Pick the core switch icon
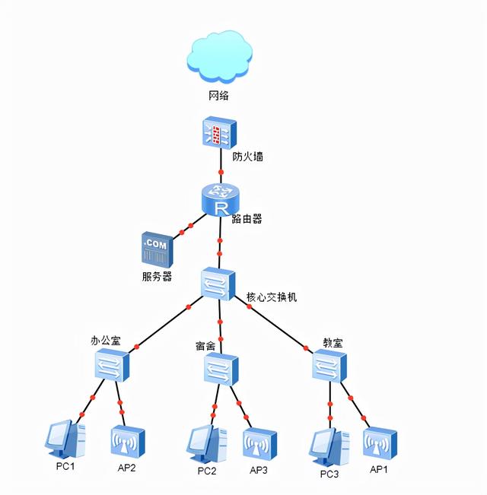click(219, 284)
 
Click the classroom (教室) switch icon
click(329, 366)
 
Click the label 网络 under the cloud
click(219, 97)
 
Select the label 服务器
click(157, 277)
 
